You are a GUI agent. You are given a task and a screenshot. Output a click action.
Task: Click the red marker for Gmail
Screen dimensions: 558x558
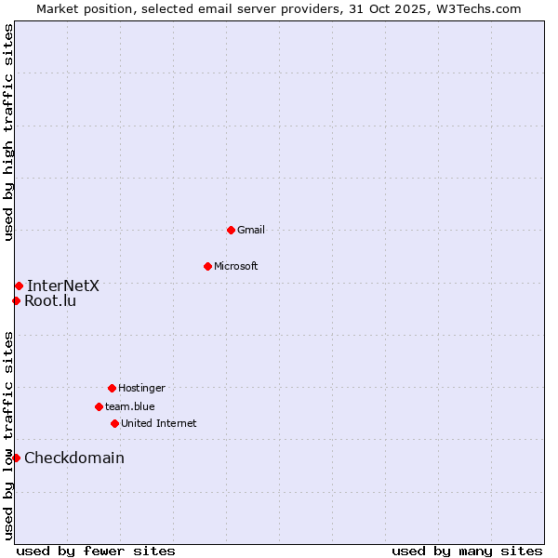coord(231,230)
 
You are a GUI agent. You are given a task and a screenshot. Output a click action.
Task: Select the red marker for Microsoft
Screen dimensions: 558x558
coord(207,266)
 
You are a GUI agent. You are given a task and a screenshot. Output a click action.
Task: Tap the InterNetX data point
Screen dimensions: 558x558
coord(19,286)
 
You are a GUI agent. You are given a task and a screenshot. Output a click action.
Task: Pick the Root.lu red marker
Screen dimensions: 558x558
coord(16,300)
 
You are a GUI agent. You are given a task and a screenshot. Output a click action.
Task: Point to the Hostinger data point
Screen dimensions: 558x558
coord(112,388)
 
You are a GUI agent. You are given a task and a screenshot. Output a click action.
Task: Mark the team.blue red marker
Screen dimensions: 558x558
coord(99,406)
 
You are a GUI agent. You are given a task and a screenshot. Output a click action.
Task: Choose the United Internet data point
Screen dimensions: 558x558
coord(114,423)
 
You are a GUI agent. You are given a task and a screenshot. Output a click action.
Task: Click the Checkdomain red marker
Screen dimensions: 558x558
coord(16,458)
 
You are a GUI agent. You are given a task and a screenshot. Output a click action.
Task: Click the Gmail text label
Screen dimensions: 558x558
coord(251,230)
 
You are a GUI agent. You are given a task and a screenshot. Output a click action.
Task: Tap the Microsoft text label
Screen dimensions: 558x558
coord(236,266)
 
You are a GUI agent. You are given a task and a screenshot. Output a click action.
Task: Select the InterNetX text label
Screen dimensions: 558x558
coord(63,286)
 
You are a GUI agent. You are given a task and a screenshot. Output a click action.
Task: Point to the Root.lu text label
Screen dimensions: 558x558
coord(50,300)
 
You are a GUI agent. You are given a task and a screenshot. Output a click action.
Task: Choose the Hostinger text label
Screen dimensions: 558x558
coord(141,388)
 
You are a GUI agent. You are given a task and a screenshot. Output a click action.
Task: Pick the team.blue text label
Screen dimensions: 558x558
coord(130,406)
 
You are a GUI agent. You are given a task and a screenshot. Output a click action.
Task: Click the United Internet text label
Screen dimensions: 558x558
coord(159,423)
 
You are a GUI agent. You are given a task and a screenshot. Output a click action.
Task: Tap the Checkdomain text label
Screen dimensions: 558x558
coord(74,458)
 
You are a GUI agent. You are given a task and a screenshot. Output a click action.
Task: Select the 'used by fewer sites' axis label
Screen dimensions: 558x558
coord(96,551)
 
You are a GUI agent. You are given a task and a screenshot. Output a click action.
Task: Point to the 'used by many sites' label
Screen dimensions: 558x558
coord(467,551)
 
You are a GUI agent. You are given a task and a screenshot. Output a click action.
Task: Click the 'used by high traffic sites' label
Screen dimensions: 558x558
coord(8,132)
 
